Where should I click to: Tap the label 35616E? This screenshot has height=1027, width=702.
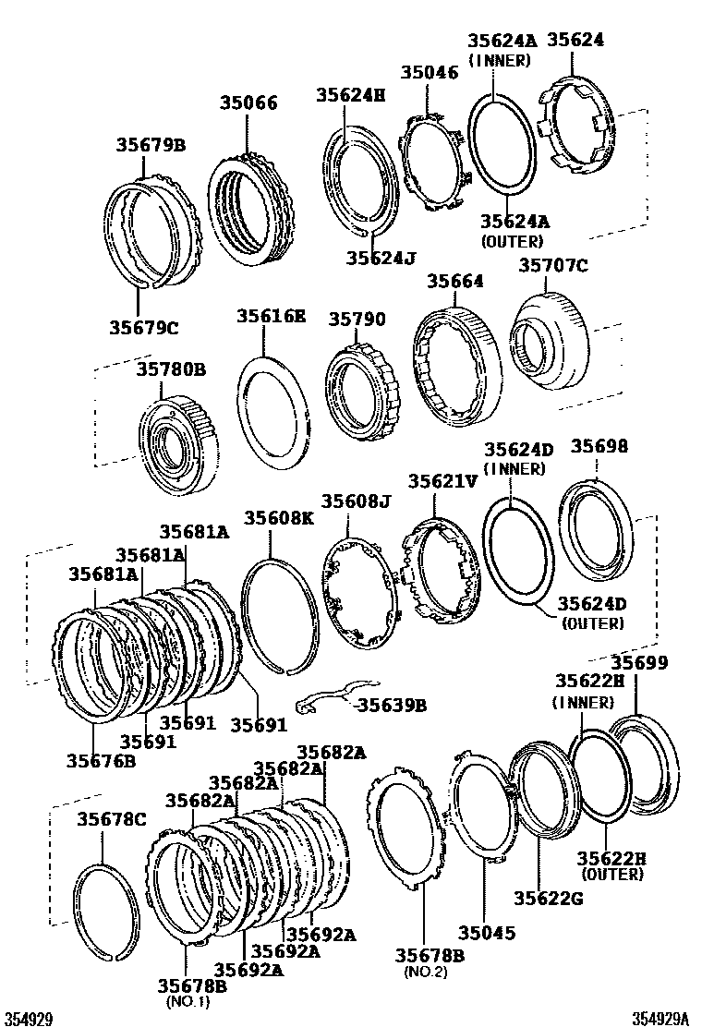coord(270,315)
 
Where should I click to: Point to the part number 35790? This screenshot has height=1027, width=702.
coord(357,319)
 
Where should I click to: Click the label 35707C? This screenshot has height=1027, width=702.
coord(552,266)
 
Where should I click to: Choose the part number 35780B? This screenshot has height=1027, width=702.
coord(171,369)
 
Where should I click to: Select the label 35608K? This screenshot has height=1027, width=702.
coord(279,518)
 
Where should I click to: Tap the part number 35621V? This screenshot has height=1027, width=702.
coord(444,481)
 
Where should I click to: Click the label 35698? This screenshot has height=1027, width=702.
coord(599,446)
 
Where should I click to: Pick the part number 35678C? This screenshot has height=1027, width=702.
coord(112,818)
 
